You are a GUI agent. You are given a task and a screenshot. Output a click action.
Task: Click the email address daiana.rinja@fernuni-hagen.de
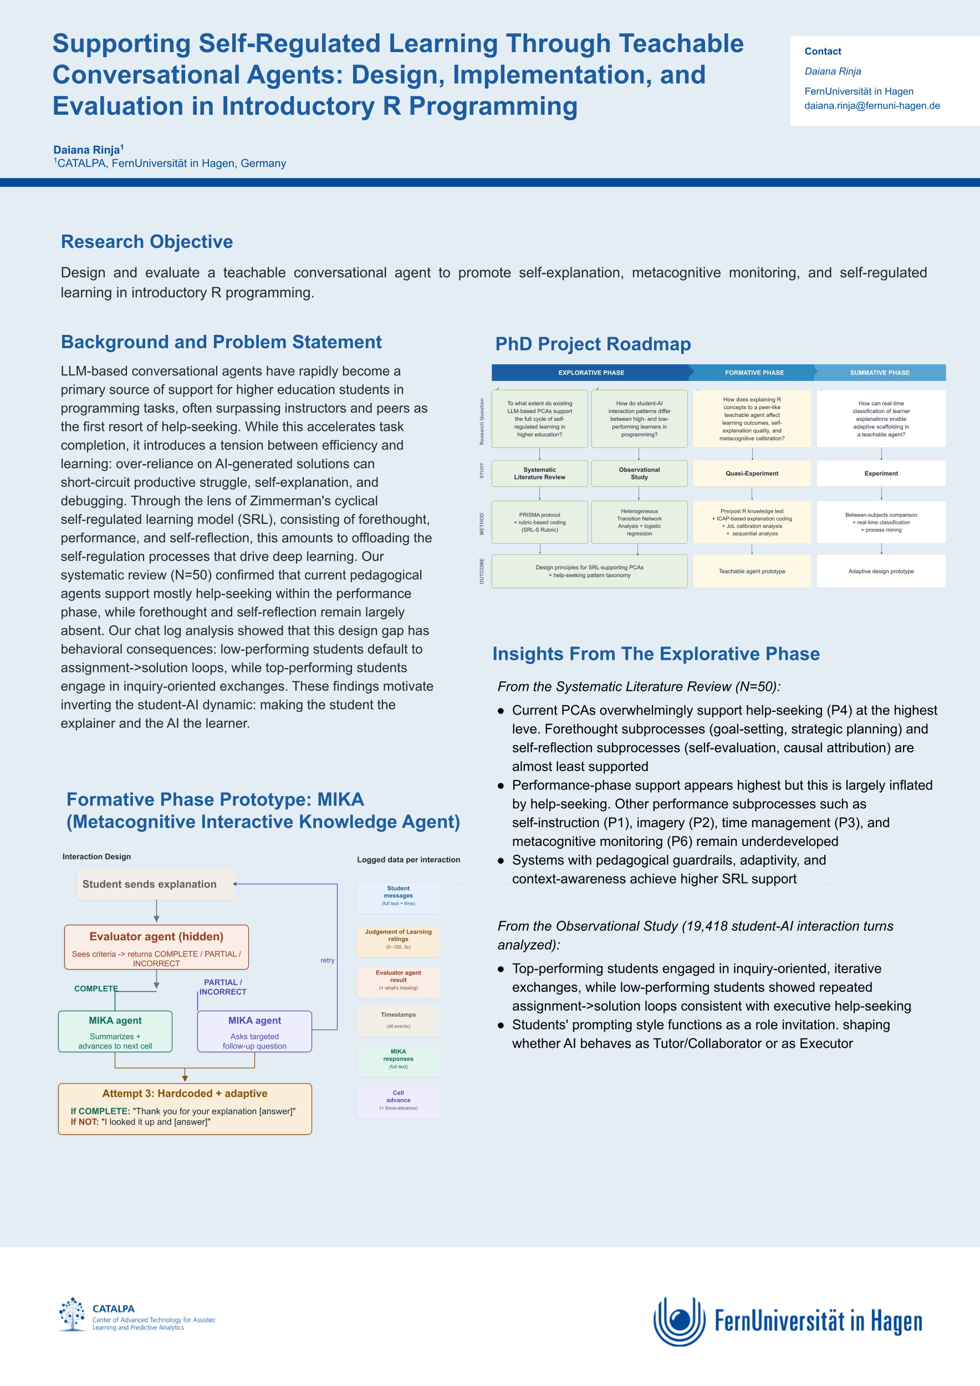click(871, 106)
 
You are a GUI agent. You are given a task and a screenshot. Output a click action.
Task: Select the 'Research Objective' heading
click(147, 242)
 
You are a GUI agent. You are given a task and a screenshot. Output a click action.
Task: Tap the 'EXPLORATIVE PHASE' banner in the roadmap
click(591, 373)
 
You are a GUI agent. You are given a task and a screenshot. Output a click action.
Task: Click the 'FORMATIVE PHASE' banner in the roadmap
click(754, 373)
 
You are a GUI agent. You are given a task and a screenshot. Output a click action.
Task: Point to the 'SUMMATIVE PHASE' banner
click(879, 373)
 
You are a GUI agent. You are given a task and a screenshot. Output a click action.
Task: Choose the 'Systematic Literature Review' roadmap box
click(539, 473)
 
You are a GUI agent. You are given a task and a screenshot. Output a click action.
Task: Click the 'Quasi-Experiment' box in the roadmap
click(751, 473)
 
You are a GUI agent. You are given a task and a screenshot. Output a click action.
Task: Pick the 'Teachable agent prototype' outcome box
click(751, 571)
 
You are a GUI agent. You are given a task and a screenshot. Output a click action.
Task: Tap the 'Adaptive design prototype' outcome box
click(880, 571)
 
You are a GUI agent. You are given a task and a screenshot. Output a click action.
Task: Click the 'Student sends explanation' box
click(156, 884)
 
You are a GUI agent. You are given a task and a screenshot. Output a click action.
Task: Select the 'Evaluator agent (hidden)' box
click(156, 946)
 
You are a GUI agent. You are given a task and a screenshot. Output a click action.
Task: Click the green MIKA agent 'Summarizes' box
click(115, 1032)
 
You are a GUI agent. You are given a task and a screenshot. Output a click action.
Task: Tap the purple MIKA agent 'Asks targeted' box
click(254, 1032)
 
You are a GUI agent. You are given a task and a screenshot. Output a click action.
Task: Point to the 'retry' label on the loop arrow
click(327, 960)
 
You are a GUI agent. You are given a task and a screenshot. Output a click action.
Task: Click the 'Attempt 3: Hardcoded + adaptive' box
click(185, 1109)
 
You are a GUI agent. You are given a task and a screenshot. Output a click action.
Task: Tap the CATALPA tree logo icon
click(73, 1314)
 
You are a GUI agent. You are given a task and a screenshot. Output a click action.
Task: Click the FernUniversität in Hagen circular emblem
click(679, 1321)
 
